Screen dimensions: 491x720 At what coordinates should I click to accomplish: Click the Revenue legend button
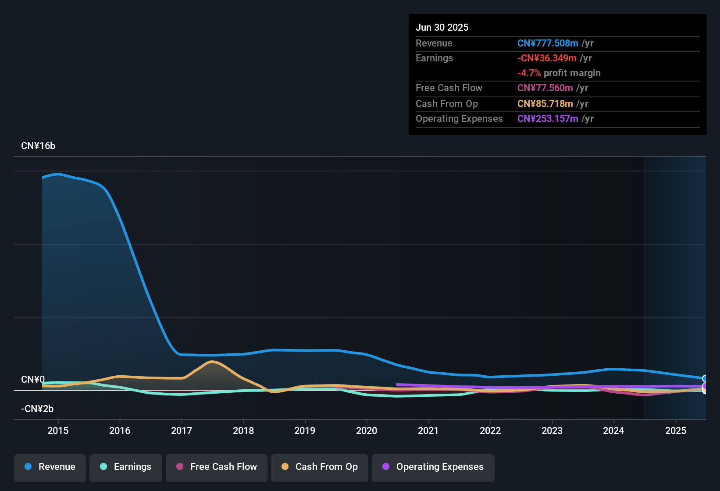50,467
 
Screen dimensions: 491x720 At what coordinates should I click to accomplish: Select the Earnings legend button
126,467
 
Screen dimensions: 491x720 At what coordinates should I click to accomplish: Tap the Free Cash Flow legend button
217,467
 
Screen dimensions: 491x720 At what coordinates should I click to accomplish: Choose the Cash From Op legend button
320,467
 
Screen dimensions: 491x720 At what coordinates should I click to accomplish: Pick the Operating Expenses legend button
433,467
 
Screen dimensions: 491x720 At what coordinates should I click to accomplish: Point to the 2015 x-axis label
58,431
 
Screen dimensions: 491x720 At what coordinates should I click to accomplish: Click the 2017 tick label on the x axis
182,431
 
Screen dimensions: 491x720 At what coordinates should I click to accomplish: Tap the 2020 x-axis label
367,431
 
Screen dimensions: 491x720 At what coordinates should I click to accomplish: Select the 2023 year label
552,431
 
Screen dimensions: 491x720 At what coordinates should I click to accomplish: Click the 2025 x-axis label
676,431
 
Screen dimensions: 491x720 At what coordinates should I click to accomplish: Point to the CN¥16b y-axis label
38,146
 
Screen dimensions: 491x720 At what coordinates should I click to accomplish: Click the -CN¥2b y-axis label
37,409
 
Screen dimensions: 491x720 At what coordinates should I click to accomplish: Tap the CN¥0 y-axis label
33,380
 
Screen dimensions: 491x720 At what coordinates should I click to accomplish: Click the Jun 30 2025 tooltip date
442,28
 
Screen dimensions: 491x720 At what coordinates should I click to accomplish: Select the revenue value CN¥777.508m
548,43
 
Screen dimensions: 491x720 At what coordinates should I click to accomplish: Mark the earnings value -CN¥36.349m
547,58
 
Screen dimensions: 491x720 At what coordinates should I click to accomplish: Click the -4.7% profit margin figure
529,73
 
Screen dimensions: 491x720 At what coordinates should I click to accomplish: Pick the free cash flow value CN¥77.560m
545,88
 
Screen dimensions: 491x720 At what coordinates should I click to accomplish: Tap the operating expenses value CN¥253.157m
548,119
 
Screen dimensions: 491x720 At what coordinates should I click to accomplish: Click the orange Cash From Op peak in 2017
212,362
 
